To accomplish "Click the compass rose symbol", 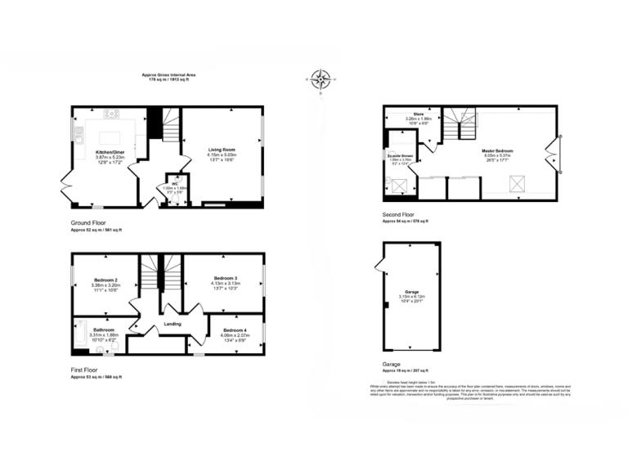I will (321, 79).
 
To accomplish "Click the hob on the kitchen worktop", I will (113, 114).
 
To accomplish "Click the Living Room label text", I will (222, 150).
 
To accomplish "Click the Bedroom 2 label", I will (105, 280).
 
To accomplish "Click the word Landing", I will (173, 325).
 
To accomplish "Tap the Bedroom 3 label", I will (224, 277).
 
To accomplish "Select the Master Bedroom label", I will (496, 151).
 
